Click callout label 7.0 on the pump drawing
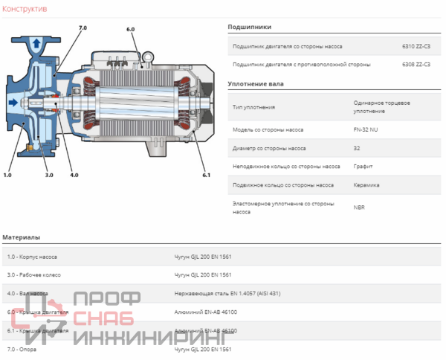pyautogui.click(x=83, y=28)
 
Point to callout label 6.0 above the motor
pyautogui.click(x=131, y=29)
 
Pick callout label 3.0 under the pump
pyautogui.click(x=49, y=175)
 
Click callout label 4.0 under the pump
pyautogui.click(x=74, y=175)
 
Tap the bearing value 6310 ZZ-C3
pyautogui.click(x=416, y=47)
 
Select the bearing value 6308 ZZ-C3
pyautogui.click(x=416, y=65)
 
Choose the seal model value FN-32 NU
pyautogui.click(x=367, y=129)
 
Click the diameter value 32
pyautogui.click(x=358, y=148)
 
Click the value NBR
pyautogui.click(x=359, y=208)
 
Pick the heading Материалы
pyautogui.click(x=22, y=238)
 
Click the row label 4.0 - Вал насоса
pyautogui.click(x=28, y=294)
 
